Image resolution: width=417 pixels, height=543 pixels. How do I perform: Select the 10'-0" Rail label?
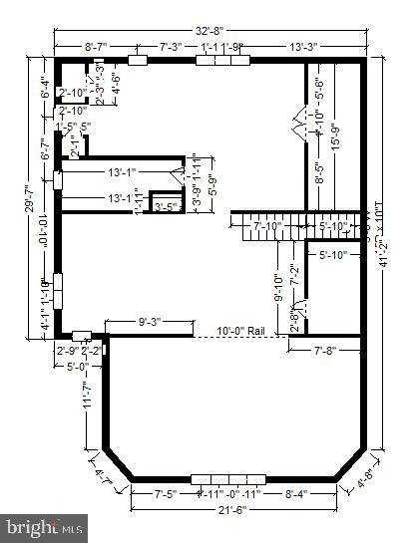(239, 331)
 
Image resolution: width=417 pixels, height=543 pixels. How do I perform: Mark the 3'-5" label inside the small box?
(166, 207)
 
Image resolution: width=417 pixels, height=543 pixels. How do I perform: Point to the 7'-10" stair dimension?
(268, 227)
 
